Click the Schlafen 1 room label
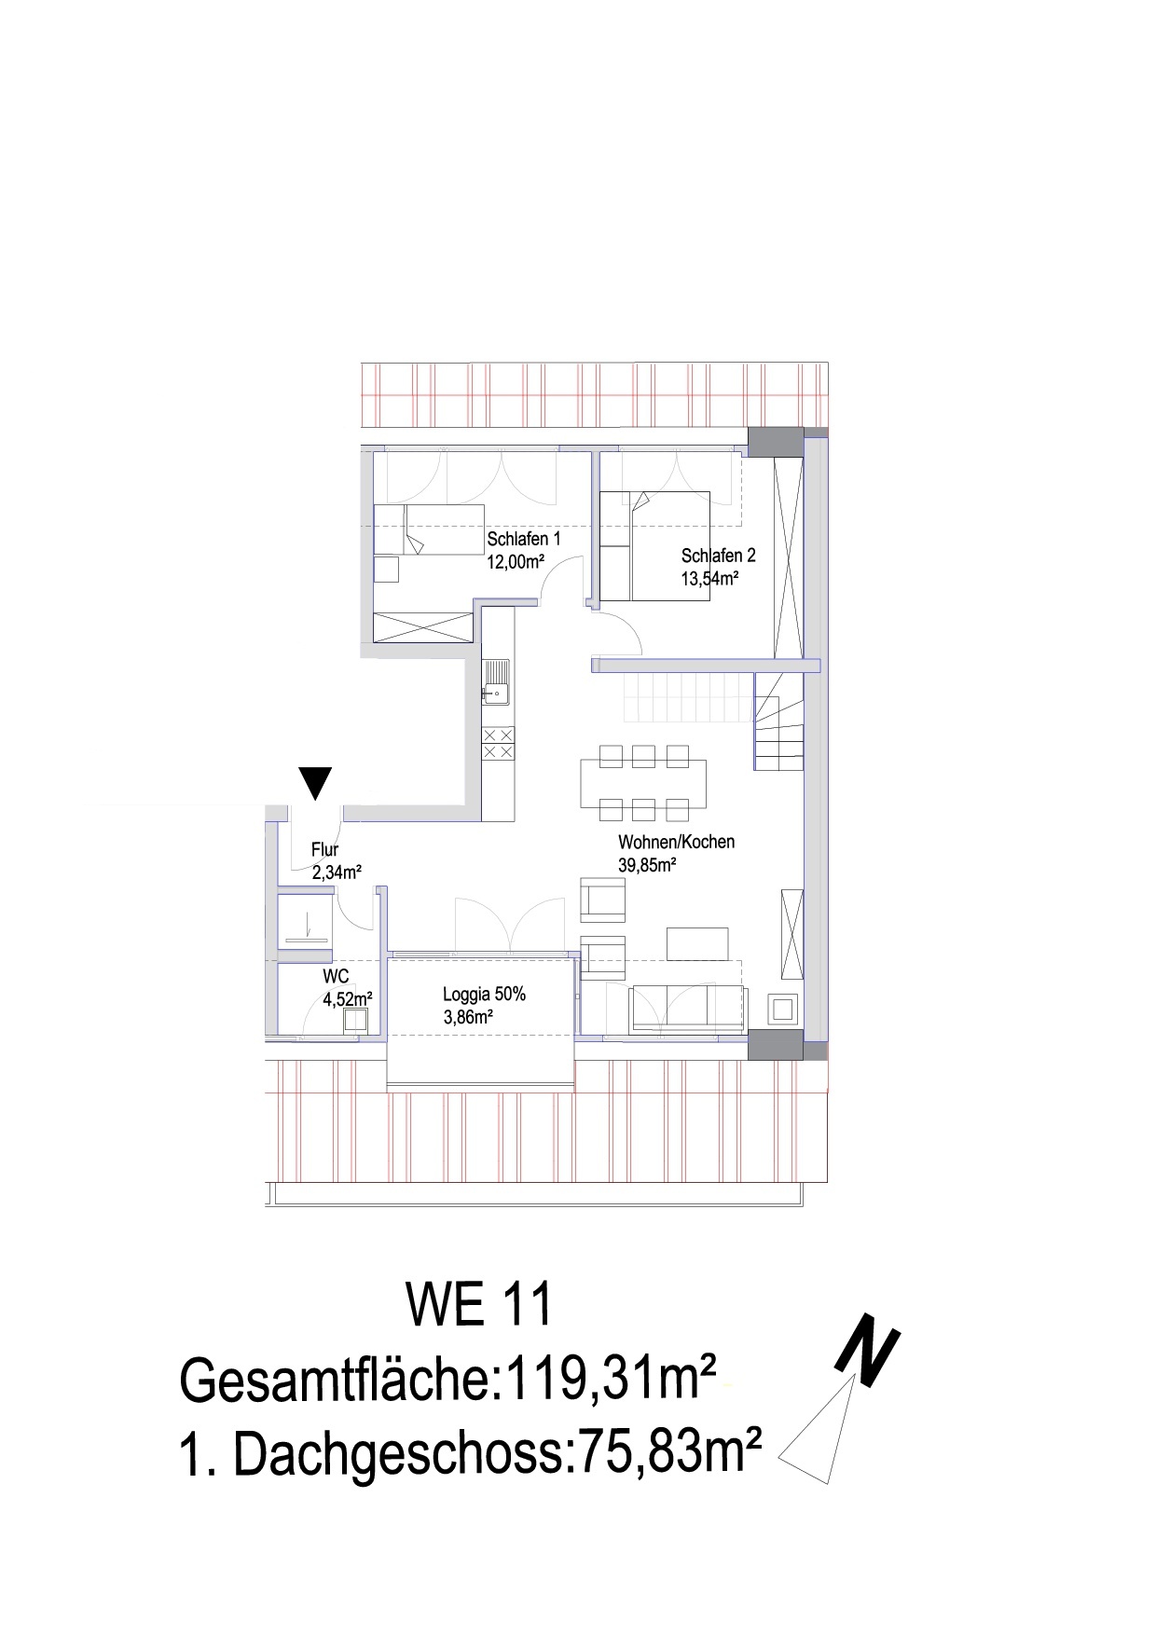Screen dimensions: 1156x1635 click(523, 539)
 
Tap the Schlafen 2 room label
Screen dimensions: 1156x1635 click(718, 556)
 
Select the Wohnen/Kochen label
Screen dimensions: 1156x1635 click(677, 842)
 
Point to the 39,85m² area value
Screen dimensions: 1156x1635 click(647, 865)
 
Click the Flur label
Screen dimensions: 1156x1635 click(324, 850)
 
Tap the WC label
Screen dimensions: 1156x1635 click(336, 977)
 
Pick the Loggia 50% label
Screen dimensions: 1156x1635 click(484, 995)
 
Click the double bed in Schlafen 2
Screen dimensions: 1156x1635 click(670, 545)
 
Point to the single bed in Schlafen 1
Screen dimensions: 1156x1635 click(429, 529)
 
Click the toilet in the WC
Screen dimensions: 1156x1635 click(355, 1020)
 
